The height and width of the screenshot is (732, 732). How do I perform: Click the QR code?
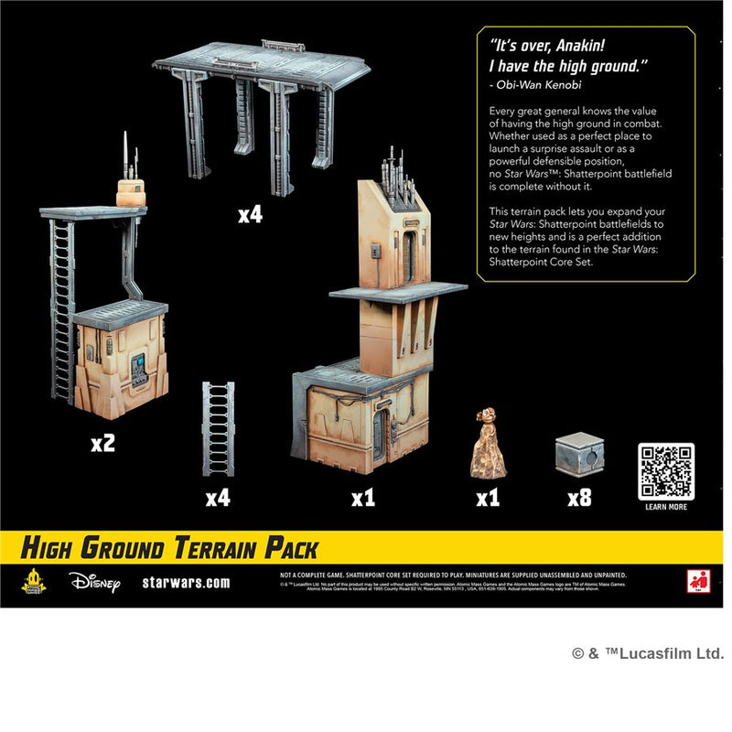(665, 471)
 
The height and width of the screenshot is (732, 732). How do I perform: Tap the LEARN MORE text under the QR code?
(665, 507)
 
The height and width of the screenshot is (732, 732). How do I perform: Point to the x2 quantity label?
(102, 444)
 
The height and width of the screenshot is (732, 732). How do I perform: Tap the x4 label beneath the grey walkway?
(250, 215)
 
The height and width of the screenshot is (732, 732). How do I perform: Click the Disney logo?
(93, 582)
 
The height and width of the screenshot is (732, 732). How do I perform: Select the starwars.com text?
(186, 582)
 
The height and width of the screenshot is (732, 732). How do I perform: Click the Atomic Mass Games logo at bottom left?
(34, 581)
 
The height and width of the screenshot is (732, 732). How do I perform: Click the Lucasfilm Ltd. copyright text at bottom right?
(647, 653)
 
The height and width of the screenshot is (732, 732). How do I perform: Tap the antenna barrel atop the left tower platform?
(131, 190)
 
